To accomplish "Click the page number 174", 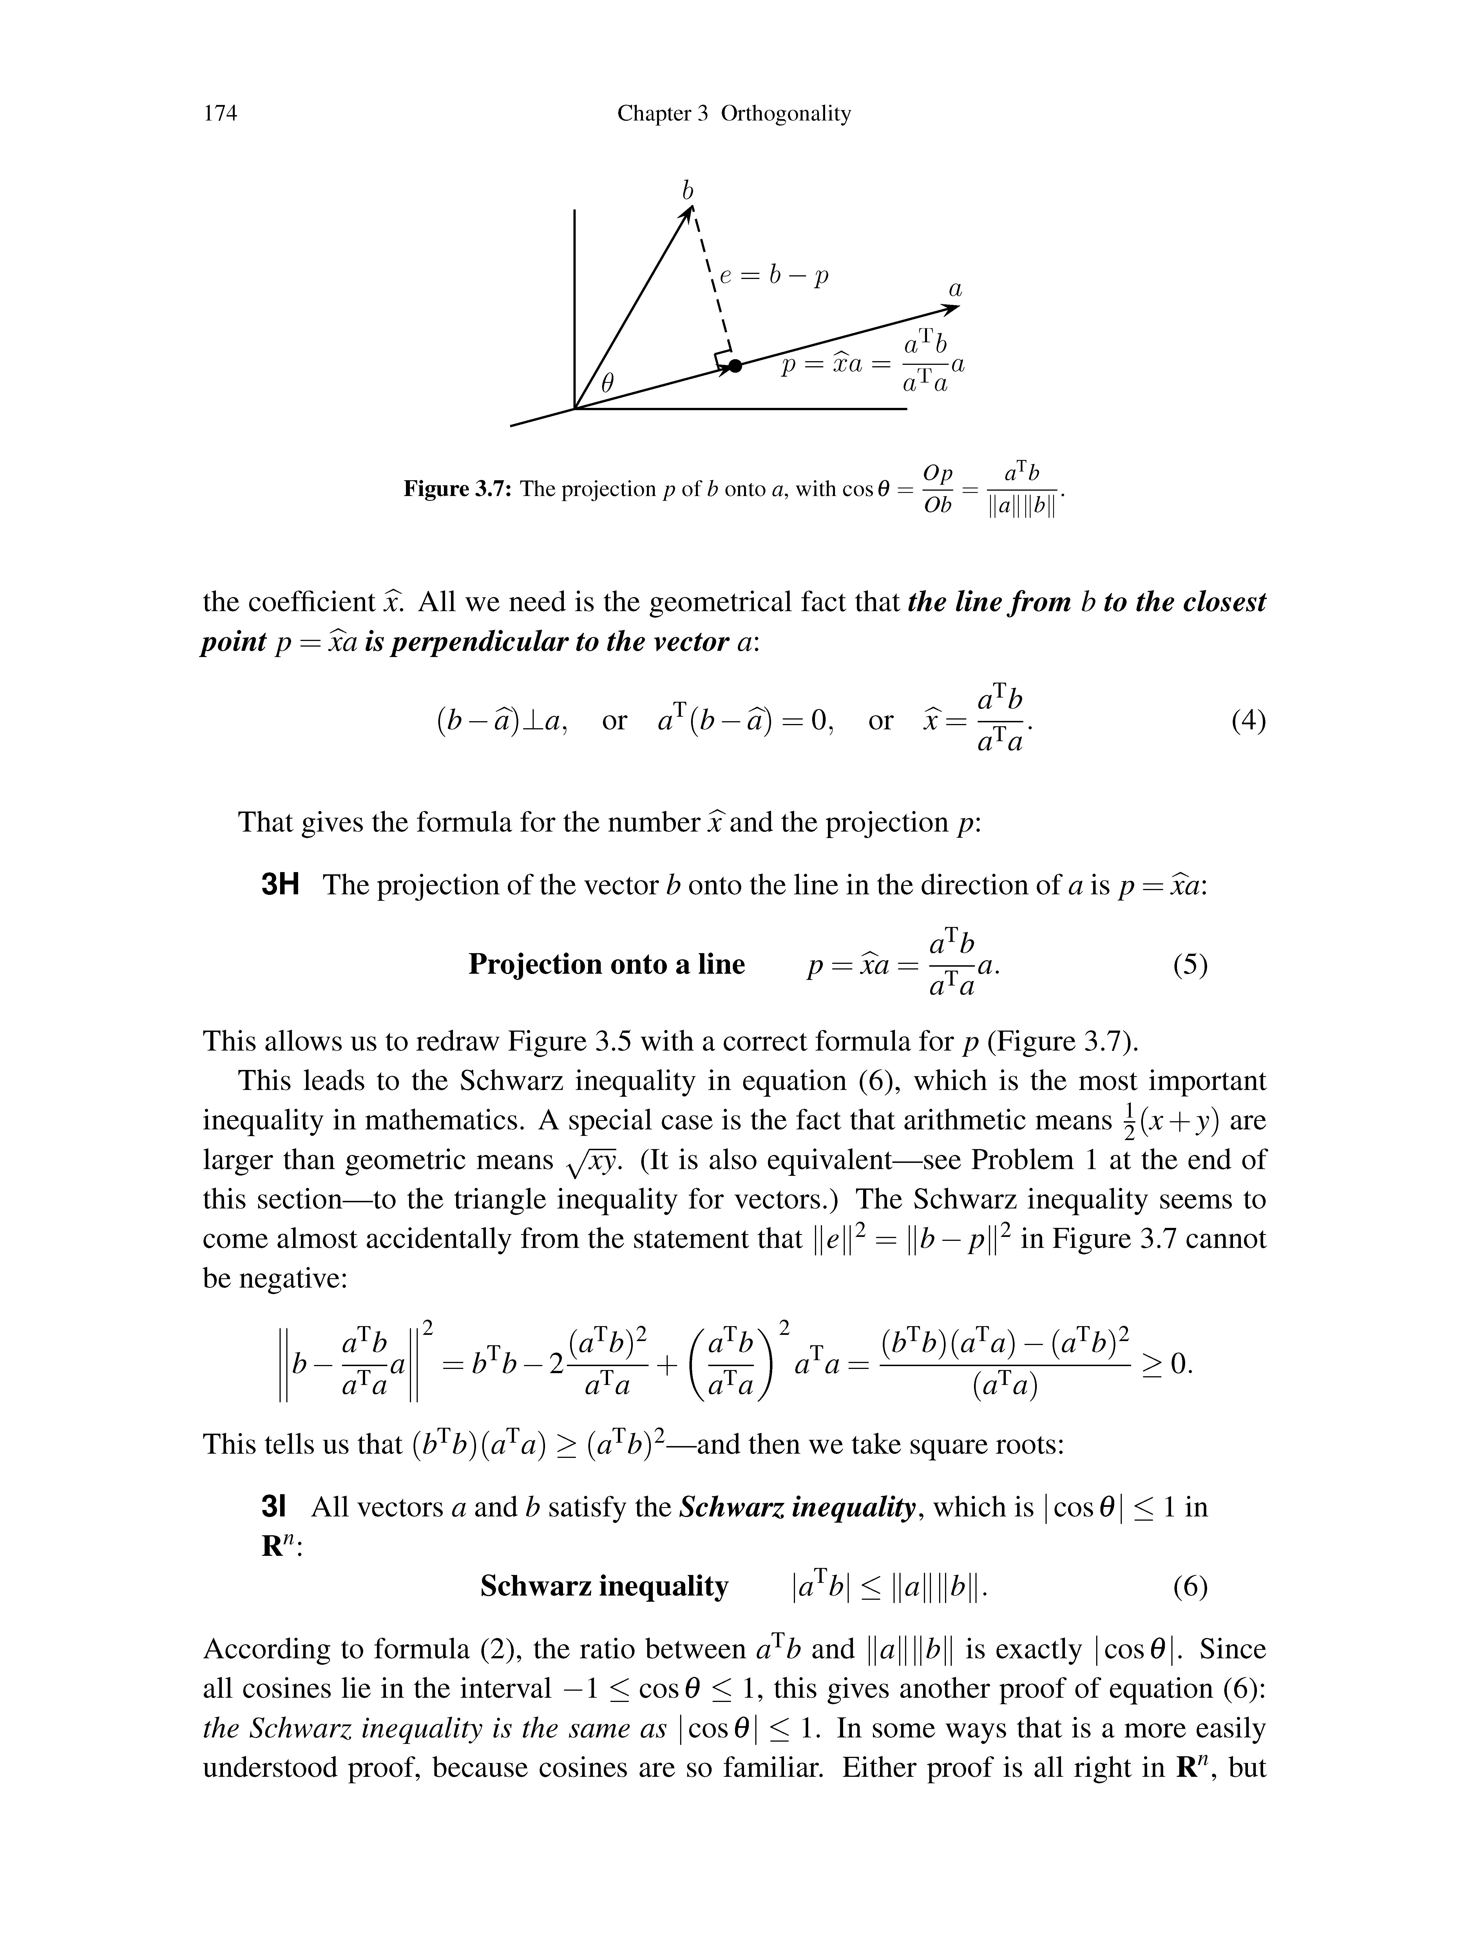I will click(x=220, y=113).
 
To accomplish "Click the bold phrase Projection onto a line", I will click(x=606, y=964).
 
